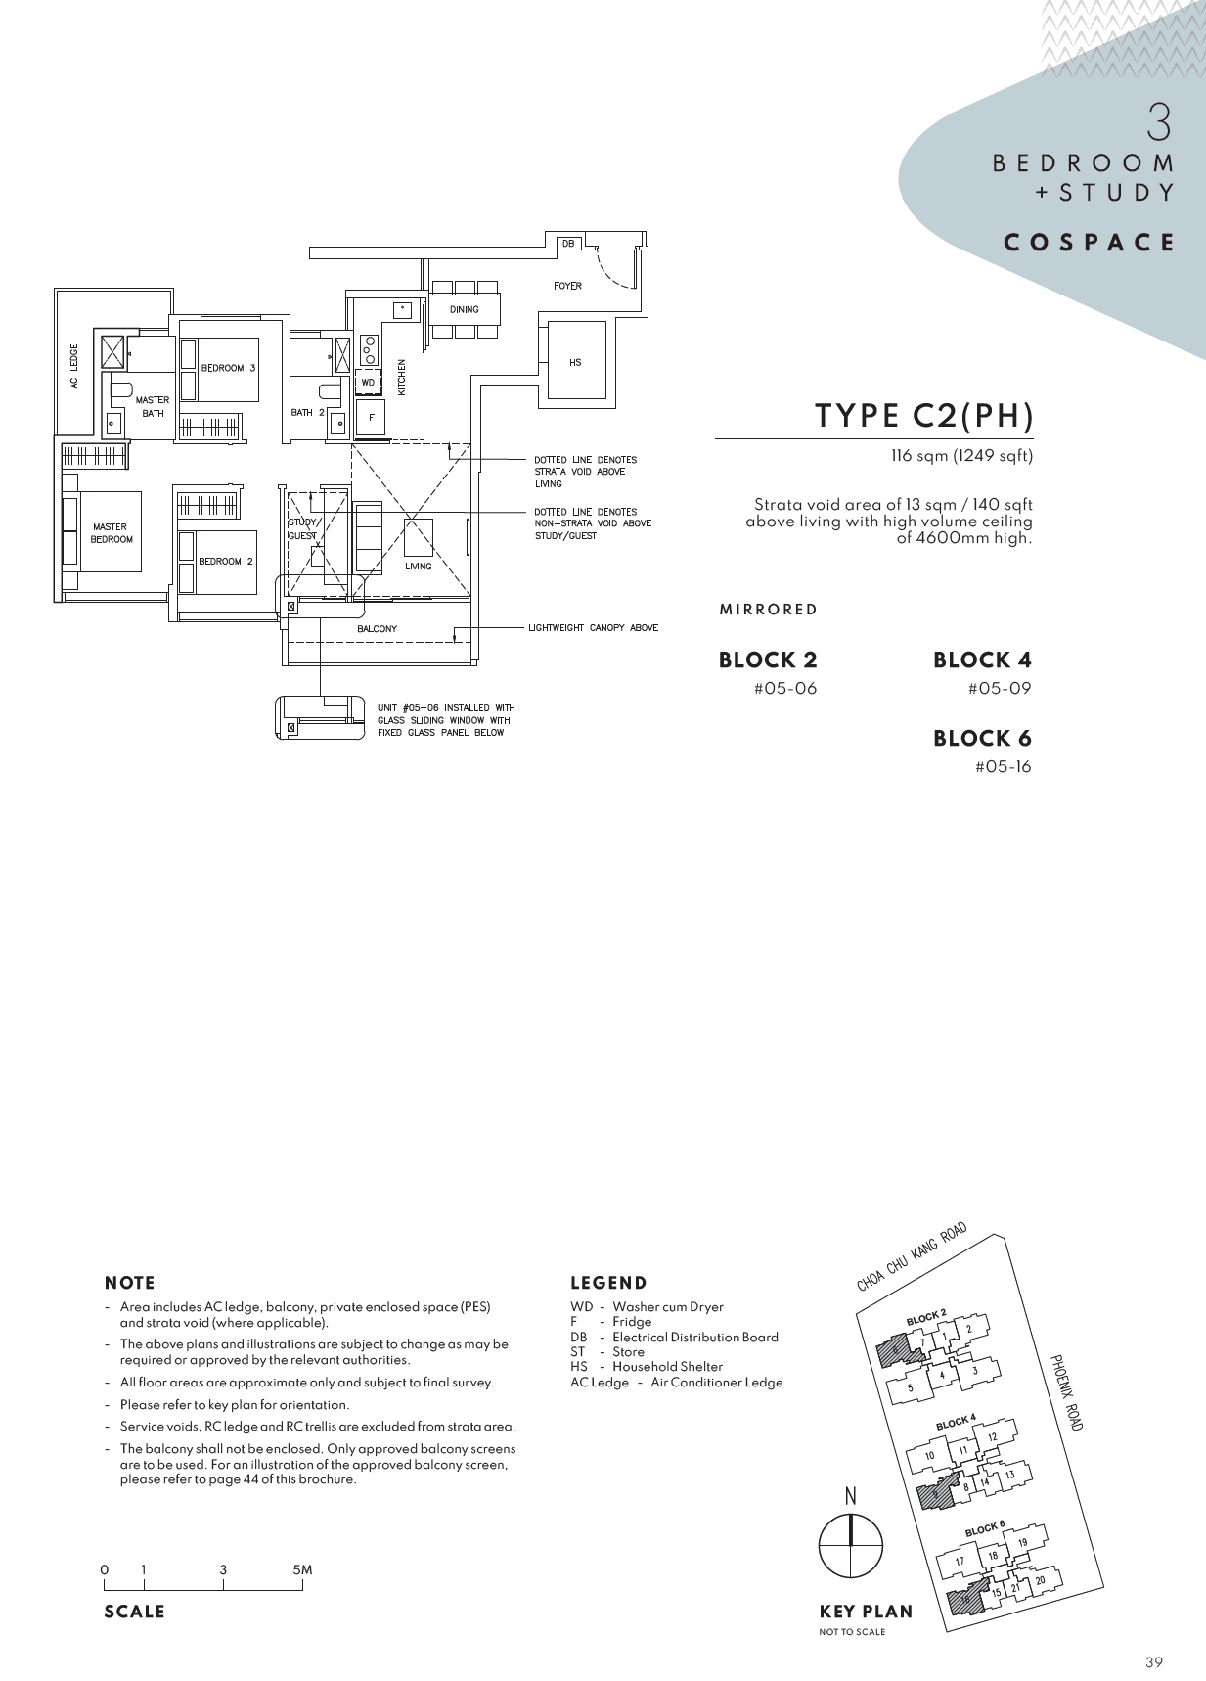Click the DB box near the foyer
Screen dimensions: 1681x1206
[568, 243]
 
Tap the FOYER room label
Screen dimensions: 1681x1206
[567, 286]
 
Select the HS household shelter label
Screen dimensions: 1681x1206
[575, 362]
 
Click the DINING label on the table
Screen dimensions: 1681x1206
[465, 309]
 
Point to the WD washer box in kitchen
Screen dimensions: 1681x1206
[368, 382]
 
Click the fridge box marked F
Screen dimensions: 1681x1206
[371, 417]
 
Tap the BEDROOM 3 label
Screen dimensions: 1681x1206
[228, 368]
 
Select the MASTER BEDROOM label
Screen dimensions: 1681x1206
[112, 533]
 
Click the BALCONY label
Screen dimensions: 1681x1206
[377, 629]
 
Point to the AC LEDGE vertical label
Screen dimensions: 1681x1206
[74, 366]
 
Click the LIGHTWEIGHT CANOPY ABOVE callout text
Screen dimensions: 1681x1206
[593, 628]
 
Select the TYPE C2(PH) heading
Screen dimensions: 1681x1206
[924, 416]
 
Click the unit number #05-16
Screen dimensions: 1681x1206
[1003, 767]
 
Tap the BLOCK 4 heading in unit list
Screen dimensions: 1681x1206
[982, 659]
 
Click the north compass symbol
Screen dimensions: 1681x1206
[850, 1545]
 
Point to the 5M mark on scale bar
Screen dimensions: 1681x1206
[302, 1569]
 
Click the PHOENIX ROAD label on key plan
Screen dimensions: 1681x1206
[1066, 1392]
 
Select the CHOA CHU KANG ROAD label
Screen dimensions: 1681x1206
[912, 1256]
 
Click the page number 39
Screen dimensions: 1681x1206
[1154, 1661]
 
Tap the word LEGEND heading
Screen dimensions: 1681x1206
[608, 1283]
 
